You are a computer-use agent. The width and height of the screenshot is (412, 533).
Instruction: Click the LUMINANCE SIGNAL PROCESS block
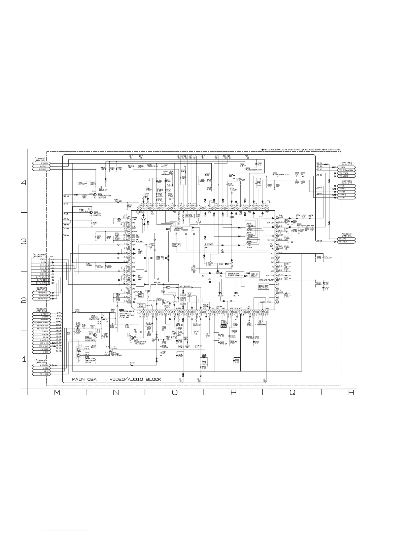point(181,229)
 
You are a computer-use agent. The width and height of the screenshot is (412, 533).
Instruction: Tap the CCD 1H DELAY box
point(176,245)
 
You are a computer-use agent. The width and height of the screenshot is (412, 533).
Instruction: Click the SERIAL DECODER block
point(189,216)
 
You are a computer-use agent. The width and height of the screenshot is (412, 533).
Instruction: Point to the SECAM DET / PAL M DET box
point(263,287)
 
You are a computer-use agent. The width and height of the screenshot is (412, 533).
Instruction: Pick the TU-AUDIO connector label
point(344,176)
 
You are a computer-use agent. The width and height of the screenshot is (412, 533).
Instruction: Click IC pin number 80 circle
point(139,208)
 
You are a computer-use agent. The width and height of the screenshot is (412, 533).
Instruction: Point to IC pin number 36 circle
point(277,280)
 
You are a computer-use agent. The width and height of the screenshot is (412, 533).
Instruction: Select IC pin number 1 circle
point(139,312)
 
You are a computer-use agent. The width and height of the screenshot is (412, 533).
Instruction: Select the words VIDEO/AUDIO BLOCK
point(135,379)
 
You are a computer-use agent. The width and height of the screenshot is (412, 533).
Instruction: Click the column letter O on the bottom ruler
point(174,393)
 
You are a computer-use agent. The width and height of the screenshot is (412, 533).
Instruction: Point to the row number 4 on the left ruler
point(24,183)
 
